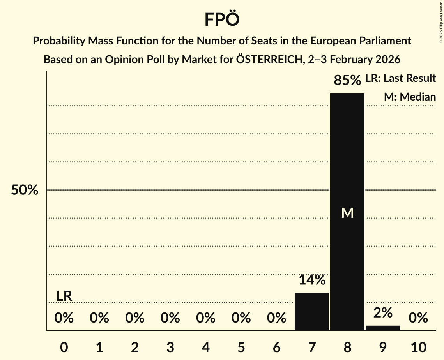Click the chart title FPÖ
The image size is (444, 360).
click(221, 19)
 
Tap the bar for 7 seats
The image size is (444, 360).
click(311, 311)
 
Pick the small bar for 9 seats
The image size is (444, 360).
click(382, 328)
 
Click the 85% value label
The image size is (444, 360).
click(347, 80)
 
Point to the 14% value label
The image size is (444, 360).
click(312, 280)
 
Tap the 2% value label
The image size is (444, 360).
click(382, 312)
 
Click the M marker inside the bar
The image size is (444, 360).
click(347, 213)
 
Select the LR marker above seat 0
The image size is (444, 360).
click(64, 296)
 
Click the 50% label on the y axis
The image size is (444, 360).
click(25, 190)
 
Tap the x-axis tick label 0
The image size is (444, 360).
click(64, 348)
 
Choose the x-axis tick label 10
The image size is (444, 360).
click(418, 348)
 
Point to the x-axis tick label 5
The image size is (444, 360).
click(241, 348)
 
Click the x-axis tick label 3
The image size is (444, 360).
click(170, 348)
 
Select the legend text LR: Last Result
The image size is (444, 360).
click(400, 78)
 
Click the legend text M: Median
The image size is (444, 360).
click(410, 97)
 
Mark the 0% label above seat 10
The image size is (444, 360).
click(418, 318)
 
